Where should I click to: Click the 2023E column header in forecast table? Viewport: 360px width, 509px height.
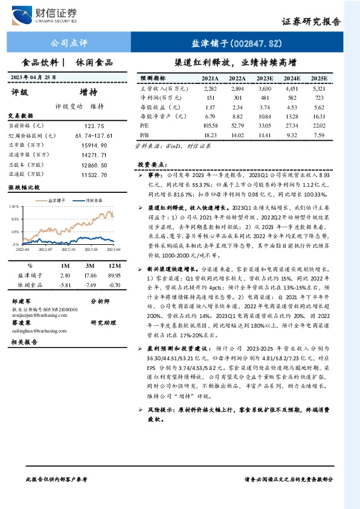click(x=263, y=79)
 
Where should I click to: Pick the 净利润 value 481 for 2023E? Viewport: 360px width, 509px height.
click(x=263, y=97)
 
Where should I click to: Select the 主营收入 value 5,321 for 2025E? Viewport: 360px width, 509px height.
click(x=318, y=88)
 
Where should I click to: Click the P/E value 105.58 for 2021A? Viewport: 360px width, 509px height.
click(x=210, y=125)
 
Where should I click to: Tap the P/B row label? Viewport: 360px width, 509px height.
click(x=144, y=134)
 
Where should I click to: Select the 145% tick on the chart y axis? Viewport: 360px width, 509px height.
click(x=13, y=207)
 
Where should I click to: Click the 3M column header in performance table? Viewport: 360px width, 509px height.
click(x=91, y=265)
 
